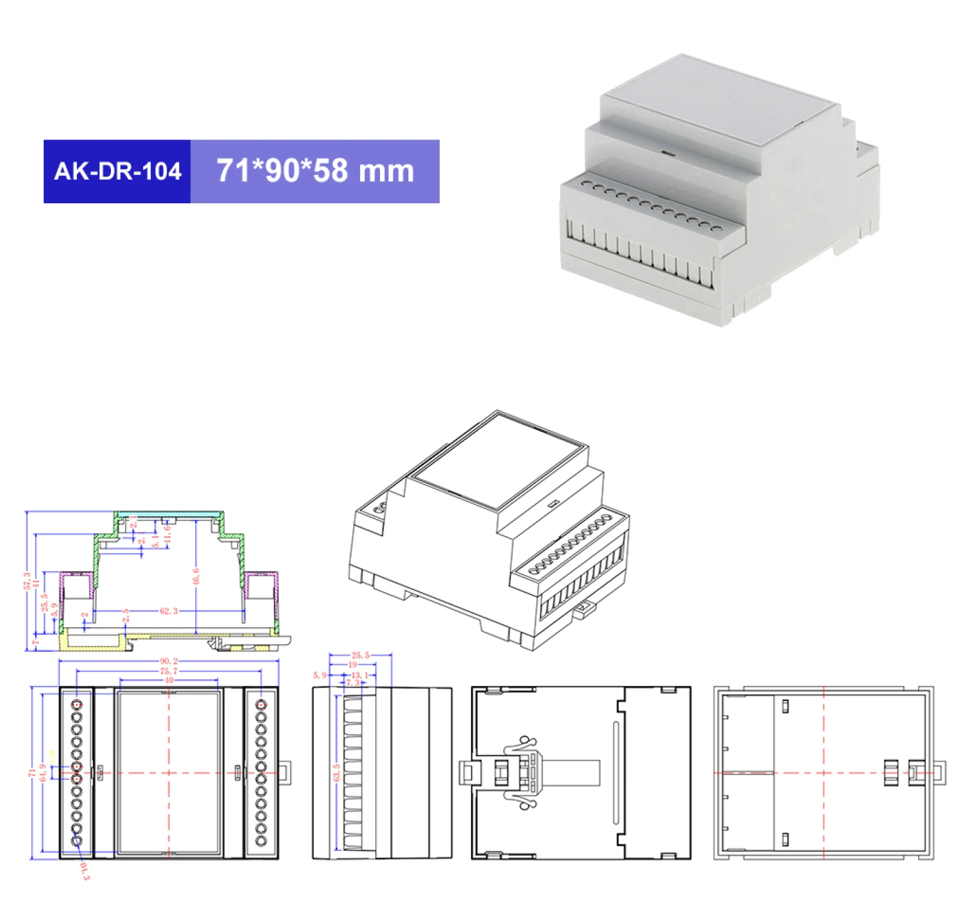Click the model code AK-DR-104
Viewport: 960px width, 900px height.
coord(118,171)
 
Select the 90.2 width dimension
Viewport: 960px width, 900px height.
coord(168,661)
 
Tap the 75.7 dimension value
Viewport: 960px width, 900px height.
coord(168,671)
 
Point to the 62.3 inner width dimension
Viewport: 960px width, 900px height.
coord(168,611)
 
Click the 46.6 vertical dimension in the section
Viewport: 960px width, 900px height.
coord(196,577)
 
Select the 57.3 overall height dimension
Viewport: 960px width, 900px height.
coord(27,581)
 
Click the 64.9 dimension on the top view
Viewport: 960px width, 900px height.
coord(42,773)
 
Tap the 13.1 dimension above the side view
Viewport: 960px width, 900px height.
coord(359,675)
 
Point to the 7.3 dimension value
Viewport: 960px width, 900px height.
coord(352,683)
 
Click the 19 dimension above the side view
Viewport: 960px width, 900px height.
coord(352,665)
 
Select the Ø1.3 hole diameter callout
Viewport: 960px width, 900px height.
coord(85,871)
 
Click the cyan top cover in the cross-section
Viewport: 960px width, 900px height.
coord(170,514)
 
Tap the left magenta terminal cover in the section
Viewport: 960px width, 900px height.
coord(76,574)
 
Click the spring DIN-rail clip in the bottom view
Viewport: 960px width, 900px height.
coord(522,773)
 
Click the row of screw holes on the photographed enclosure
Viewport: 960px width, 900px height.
coord(652,203)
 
